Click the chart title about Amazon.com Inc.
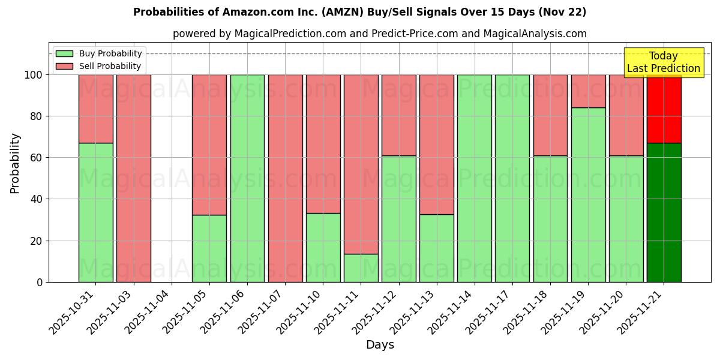(359, 12)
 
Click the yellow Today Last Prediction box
(663, 62)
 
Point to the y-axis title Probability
(15, 163)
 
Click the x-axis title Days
(380, 344)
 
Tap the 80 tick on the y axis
(37, 116)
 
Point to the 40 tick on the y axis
(37, 199)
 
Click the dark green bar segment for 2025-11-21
(664, 212)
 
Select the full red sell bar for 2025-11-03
(133, 178)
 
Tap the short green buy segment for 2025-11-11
(361, 268)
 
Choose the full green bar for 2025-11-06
(247, 178)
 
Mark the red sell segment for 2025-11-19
(588, 91)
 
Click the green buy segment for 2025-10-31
(95, 212)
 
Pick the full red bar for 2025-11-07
(285, 178)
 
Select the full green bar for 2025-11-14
(474, 178)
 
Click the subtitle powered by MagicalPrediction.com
(379, 34)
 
